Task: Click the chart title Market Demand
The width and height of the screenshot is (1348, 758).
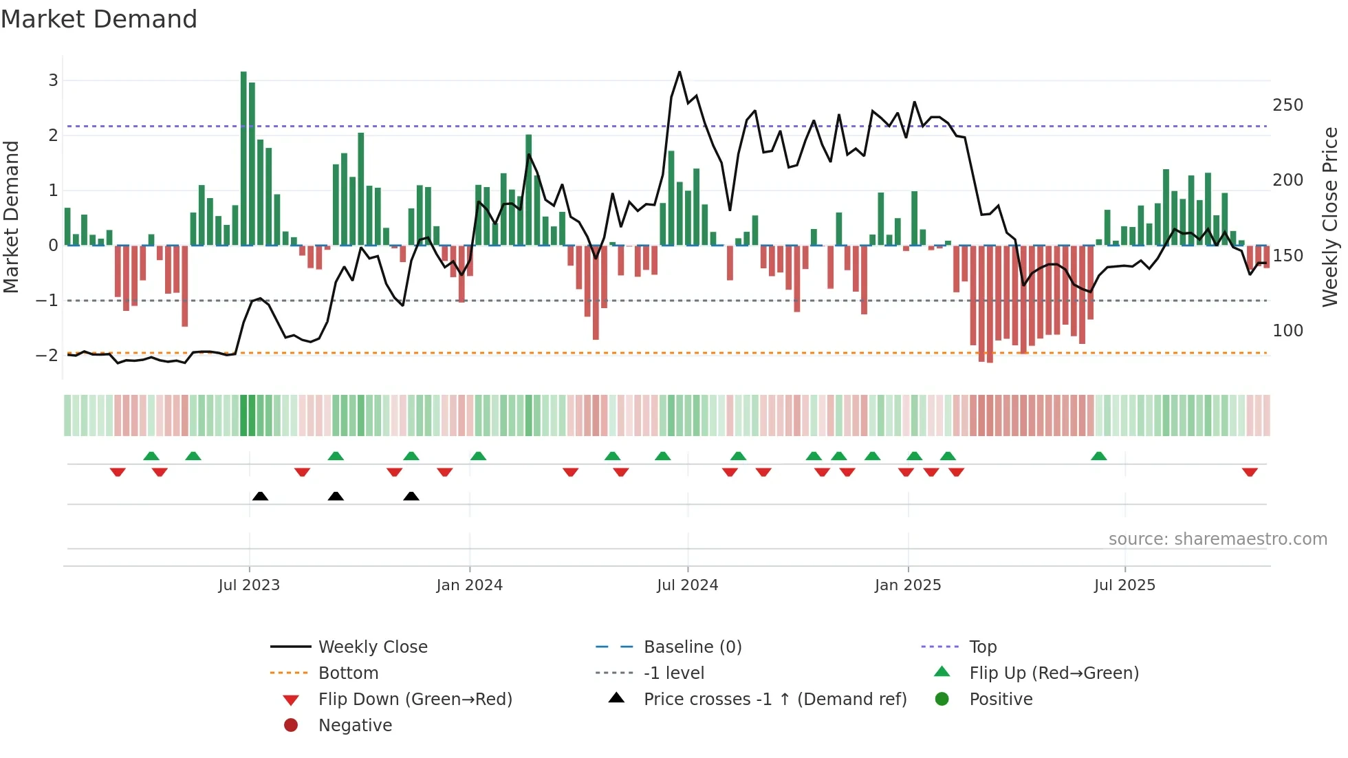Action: click(99, 19)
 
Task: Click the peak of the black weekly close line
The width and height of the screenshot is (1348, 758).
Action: click(680, 72)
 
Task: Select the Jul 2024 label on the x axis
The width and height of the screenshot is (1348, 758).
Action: click(687, 585)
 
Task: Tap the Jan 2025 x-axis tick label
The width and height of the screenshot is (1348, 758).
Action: click(908, 585)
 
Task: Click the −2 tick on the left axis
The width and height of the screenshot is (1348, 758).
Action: click(47, 356)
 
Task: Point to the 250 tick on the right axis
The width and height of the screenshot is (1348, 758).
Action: click(1287, 105)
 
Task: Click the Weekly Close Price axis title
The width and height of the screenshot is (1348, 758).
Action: click(1330, 217)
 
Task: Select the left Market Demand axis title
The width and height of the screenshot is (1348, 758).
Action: click(11, 217)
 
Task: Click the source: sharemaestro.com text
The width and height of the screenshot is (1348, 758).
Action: click(1217, 539)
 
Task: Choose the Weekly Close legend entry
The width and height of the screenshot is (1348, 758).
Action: click(372, 647)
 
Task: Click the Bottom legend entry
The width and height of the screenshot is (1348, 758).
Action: click(348, 673)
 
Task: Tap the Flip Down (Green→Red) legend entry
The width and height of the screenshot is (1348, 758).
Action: click(415, 700)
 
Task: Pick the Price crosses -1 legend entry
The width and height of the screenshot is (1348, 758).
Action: click(774, 700)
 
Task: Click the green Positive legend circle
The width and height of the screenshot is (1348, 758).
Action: click(942, 700)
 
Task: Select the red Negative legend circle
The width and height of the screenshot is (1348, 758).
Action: click(291, 726)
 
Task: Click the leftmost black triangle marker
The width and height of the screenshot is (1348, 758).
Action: click(260, 497)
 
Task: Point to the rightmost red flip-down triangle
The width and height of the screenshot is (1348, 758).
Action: click(1250, 472)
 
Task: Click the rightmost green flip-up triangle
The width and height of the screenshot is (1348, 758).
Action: click(1099, 456)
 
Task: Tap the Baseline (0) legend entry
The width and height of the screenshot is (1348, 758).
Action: click(692, 647)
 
